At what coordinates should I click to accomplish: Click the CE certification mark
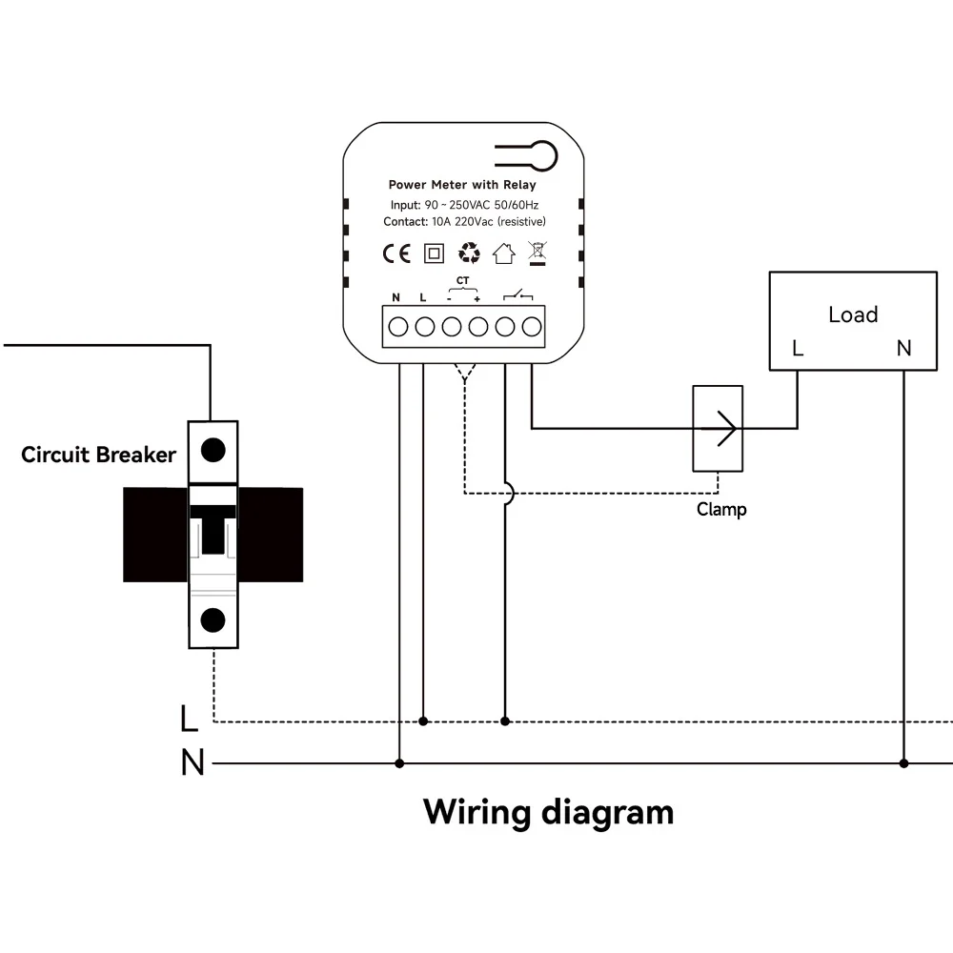click(396, 253)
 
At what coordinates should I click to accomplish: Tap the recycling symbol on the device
click(469, 253)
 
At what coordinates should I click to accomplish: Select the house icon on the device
click(504, 253)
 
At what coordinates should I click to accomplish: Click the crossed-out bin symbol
click(537, 253)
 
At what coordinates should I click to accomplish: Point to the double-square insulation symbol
click(434, 253)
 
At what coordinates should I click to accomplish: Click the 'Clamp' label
click(721, 509)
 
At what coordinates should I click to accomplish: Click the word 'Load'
click(853, 314)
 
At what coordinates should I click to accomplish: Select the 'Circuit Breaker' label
click(98, 455)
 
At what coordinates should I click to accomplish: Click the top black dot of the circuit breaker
click(213, 451)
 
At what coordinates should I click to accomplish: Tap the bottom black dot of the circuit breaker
click(213, 620)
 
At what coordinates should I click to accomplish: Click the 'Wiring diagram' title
click(548, 813)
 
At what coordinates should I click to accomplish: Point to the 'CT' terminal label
click(462, 280)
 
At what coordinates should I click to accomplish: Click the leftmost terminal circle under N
click(398, 327)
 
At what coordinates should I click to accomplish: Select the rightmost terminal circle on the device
click(532, 327)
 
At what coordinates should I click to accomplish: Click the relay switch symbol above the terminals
click(517, 295)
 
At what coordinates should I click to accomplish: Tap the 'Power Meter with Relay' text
click(462, 185)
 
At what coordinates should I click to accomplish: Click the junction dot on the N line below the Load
click(903, 763)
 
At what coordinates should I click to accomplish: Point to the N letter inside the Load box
click(903, 348)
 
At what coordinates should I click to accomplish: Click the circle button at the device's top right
click(543, 156)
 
